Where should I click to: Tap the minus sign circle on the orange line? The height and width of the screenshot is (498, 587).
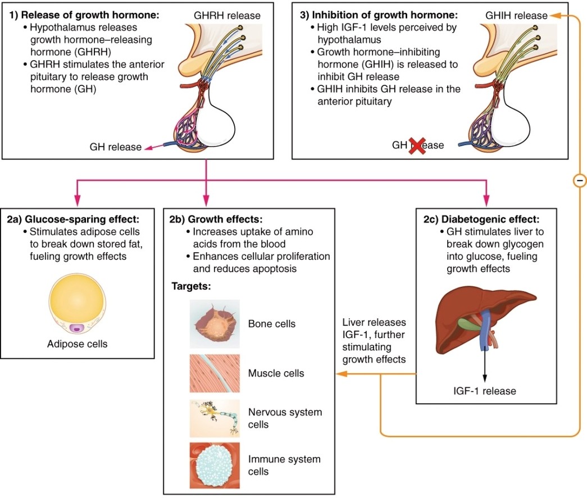580,180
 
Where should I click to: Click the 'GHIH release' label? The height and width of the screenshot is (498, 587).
516,16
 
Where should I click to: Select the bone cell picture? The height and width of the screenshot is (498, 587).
215,324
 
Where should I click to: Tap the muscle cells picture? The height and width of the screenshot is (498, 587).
215,373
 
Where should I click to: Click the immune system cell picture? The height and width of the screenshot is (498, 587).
215,464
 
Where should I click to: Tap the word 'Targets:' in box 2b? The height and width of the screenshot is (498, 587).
191,286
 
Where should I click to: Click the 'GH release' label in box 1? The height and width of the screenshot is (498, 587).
115,147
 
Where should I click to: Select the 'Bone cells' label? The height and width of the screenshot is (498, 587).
271,324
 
